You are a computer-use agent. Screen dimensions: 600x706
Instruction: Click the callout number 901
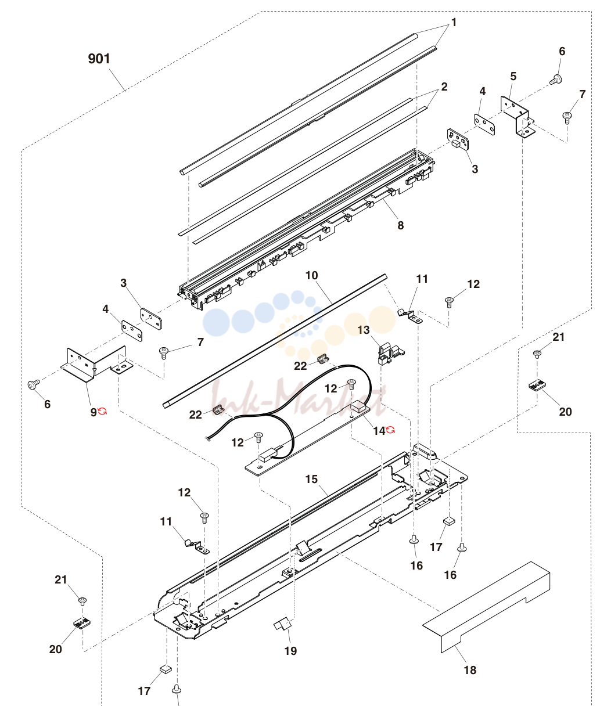click(99, 59)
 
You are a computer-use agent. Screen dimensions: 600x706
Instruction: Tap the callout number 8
click(400, 225)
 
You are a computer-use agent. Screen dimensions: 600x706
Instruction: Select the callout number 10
click(312, 275)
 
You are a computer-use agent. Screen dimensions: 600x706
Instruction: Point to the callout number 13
click(364, 330)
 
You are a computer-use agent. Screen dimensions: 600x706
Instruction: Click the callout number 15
click(311, 479)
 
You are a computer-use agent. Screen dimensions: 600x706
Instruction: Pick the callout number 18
click(470, 670)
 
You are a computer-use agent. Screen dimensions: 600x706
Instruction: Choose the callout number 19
click(291, 651)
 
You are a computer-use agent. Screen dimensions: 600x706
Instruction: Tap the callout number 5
click(513, 77)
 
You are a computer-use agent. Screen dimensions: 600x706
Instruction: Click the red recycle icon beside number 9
click(102, 411)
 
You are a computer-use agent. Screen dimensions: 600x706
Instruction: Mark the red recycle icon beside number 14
click(390, 430)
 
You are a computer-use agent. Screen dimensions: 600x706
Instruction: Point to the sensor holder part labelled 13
click(391, 354)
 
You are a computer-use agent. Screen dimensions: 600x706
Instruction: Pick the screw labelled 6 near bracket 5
click(556, 80)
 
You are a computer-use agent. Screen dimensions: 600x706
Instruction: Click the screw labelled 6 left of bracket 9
click(33, 384)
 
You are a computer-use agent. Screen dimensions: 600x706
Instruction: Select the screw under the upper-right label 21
click(537, 354)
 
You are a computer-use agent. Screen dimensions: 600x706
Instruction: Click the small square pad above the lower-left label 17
click(166, 669)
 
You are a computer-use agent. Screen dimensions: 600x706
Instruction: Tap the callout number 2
click(444, 87)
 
